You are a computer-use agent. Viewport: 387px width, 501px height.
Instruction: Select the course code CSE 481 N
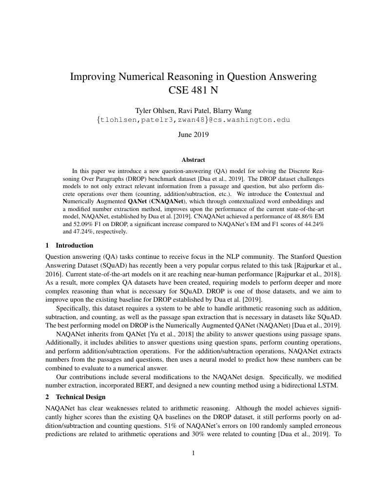pyautogui.click(x=193, y=90)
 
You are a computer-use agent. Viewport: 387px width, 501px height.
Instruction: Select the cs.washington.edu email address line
pyautogui.click(x=193, y=119)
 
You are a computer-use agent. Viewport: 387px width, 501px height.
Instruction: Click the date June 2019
pyautogui.click(x=193, y=135)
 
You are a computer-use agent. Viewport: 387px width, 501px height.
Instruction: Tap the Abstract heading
pyautogui.click(x=193, y=159)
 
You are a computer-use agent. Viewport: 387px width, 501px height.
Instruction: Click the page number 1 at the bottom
pyautogui.click(x=193, y=453)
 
